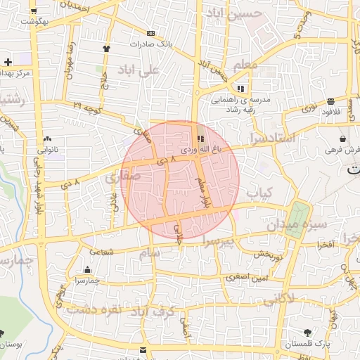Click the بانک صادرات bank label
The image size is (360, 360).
pyautogui.click(x=150, y=44)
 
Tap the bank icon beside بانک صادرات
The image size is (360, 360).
pyautogui.click(x=150, y=33)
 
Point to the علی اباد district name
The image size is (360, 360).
pyautogui.click(x=150, y=70)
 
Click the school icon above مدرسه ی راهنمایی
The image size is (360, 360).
pyautogui.click(x=242, y=89)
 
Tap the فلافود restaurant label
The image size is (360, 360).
pyautogui.click(x=331, y=112)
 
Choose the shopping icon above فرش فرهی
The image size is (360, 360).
pyautogui.click(x=342, y=139)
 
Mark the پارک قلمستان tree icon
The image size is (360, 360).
pyautogui.click(x=307, y=333)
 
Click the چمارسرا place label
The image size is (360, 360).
pyautogui.click(x=87, y=281)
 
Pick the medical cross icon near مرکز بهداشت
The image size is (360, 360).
pyautogui.click(x=7, y=62)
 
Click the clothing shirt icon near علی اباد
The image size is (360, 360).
pyautogui.click(x=106, y=49)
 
